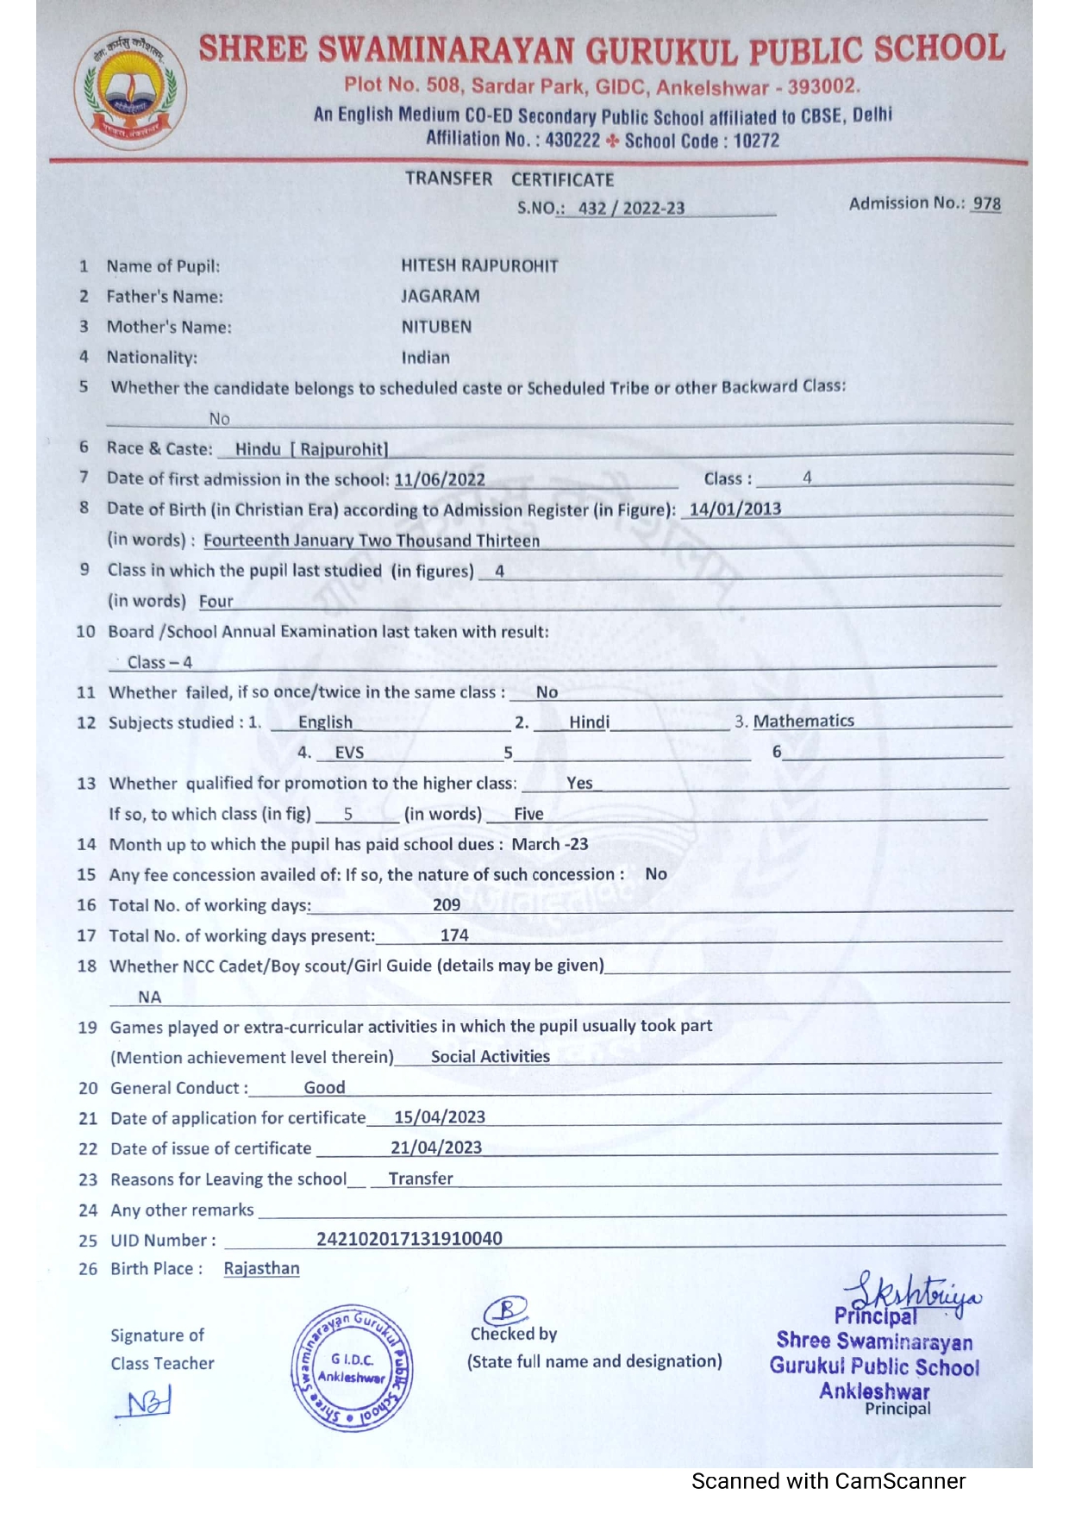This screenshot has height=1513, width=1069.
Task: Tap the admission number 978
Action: tap(986, 203)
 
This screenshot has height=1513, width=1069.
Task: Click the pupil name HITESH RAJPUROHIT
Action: tap(479, 266)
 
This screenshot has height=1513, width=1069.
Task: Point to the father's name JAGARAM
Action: tap(440, 296)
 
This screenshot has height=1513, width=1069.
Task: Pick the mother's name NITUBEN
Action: tap(436, 327)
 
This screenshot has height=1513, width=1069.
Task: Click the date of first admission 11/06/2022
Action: tap(440, 479)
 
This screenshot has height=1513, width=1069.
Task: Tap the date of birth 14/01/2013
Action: tap(735, 509)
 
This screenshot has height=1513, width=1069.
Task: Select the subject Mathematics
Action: tap(803, 721)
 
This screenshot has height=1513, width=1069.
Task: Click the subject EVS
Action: tap(349, 753)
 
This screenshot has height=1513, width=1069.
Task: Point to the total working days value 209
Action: tap(447, 904)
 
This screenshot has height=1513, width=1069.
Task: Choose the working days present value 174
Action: tap(454, 935)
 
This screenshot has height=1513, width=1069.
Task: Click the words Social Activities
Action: tap(490, 1056)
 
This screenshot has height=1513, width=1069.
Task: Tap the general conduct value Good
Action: tap(324, 1087)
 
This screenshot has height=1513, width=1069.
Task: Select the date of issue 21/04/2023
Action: tap(436, 1147)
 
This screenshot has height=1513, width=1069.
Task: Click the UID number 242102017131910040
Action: tap(409, 1239)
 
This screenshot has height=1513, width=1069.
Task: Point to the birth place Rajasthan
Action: tap(261, 1268)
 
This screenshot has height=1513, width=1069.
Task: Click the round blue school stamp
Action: tap(352, 1367)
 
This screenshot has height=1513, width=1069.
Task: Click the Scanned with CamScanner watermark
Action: tap(828, 1481)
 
